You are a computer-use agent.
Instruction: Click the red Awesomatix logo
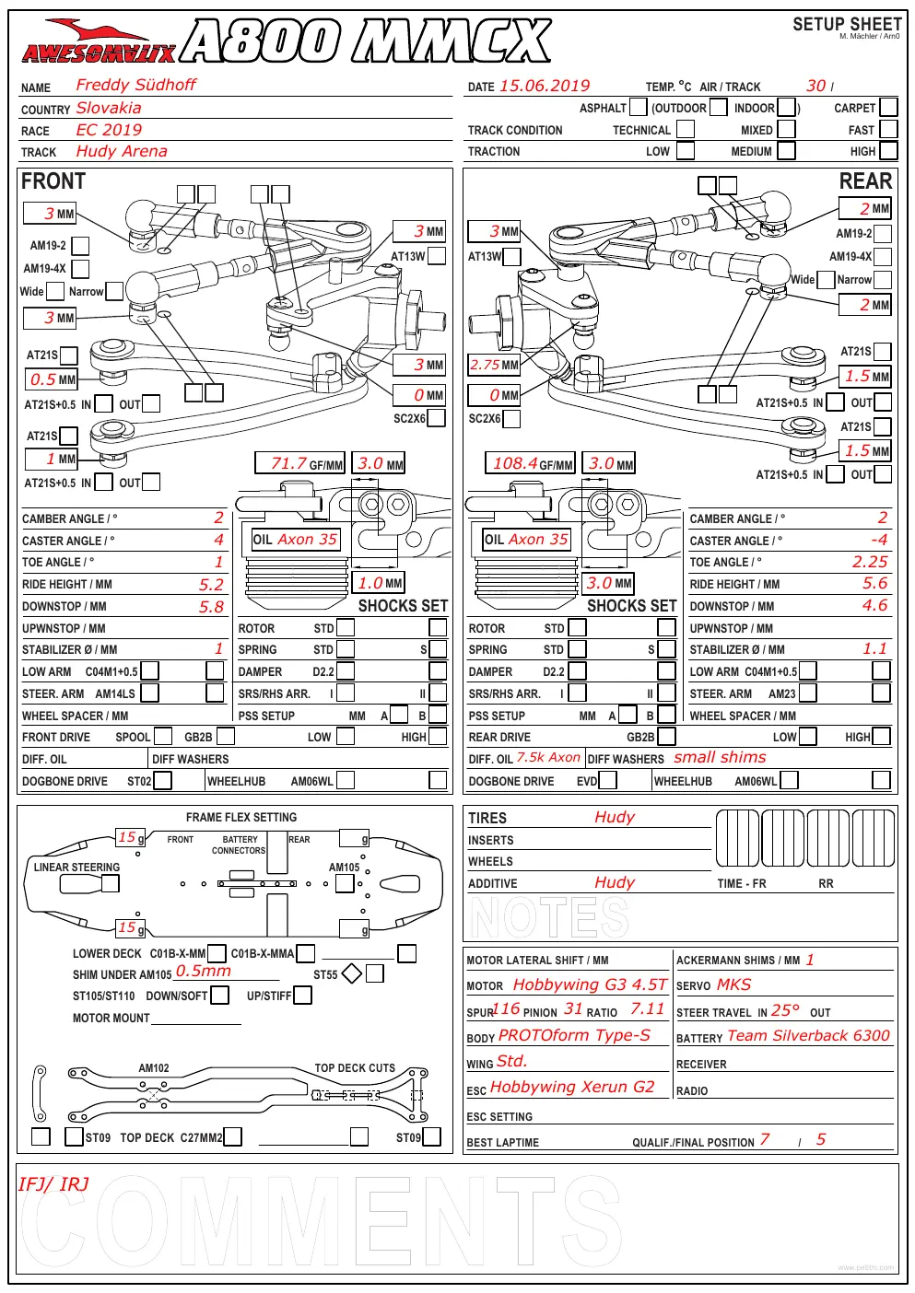click(99, 41)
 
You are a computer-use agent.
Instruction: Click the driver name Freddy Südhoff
click(135, 85)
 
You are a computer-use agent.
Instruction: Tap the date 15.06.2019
click(545, 86)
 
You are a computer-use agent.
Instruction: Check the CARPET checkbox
click(888, 108)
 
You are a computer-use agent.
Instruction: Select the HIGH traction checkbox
click(888, 151)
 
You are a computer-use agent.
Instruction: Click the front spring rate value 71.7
click(288, 463)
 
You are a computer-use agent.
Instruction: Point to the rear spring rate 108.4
click(515, 463)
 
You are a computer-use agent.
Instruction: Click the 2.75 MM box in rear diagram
click(494, 365)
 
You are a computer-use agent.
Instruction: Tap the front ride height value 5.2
click(211, 585)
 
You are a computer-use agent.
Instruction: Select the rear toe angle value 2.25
click(870, 562)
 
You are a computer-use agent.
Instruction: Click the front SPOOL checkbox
click(163, 736)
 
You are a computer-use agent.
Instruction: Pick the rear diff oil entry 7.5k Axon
click(548, 757)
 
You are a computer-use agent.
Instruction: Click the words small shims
click(720, 757)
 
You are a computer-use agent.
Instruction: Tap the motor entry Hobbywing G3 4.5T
click(590, 984)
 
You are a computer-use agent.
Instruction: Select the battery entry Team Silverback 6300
click(808, 1035)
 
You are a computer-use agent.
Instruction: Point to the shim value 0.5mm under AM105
click(204, 971)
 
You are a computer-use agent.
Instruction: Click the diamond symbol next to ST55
click(352, 973)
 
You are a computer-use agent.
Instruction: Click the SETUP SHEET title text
click(847, 24)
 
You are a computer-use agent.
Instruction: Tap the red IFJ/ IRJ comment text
click(53, 1184)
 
